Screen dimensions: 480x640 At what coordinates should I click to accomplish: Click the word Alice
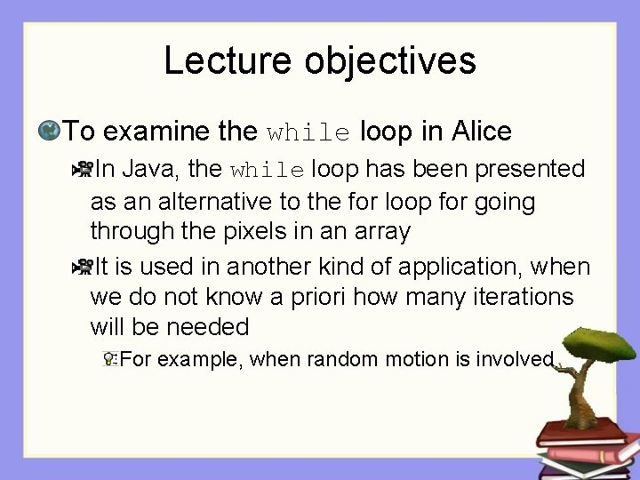click(x=481, y=132)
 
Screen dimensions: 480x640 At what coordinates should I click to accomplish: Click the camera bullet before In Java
click(x=82, y=168)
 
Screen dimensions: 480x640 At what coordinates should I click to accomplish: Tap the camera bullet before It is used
click(x=82, y=265)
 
